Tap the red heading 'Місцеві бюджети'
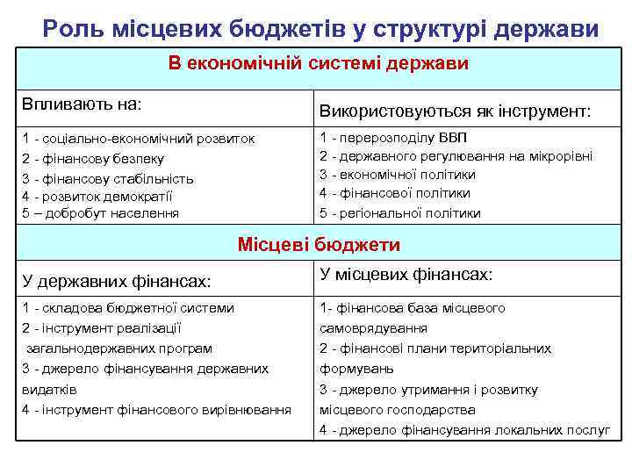click(x=320, y=245)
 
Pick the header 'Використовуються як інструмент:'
click(x=456, y=112)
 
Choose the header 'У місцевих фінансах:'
click(x=405, y=275)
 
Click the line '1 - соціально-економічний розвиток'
click(x=139, y=139)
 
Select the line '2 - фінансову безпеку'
click(x=93, y=159)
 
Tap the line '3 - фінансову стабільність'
click(x=108, y=178)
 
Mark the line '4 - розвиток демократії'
click(x=97, y=196)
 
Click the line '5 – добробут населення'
click(x=100, y=212)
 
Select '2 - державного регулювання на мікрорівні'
click(x=456, y=156)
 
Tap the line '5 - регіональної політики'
click(x=400, y=212)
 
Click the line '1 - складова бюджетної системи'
click(x=128, y=308)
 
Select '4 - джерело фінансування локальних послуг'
click(x=465, y=430)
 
